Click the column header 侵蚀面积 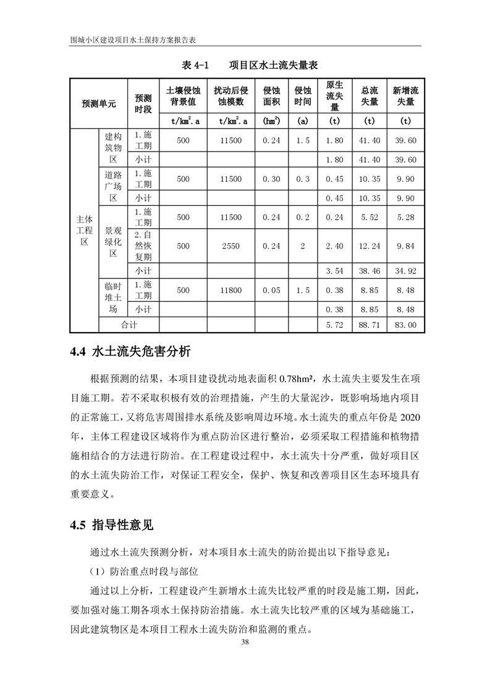click(x=272, y=95)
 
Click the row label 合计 click(x=129, y=324)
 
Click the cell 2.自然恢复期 click(x=143, y=246)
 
